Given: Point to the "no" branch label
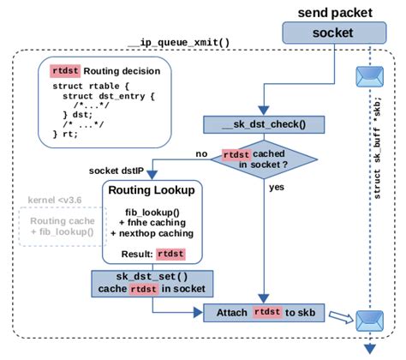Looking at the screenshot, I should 202,153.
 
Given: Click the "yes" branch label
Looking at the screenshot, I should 276,186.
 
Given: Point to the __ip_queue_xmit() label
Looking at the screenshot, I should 173,42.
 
